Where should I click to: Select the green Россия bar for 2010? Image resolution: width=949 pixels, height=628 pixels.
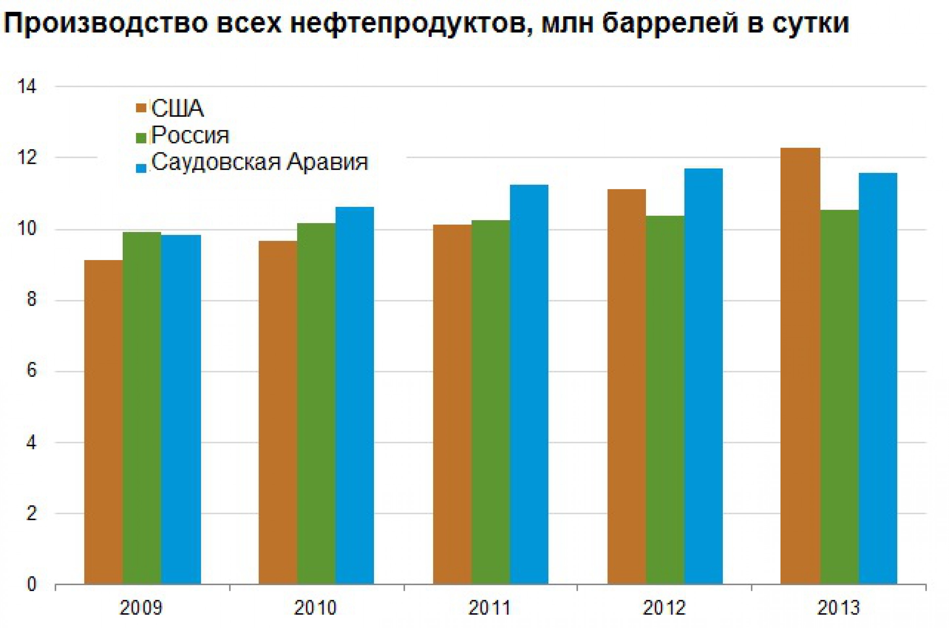(x=316, y=403)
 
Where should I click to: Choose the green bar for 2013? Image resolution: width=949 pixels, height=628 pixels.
(x=839, y=396)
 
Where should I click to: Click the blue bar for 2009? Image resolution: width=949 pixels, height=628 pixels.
(x=181, y=409)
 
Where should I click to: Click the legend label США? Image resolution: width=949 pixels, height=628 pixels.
(x=177, y=109)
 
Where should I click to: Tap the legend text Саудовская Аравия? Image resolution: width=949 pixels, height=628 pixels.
(x=260, y=163)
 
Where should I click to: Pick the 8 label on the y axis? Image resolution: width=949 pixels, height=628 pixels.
(x=31, y=300)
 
